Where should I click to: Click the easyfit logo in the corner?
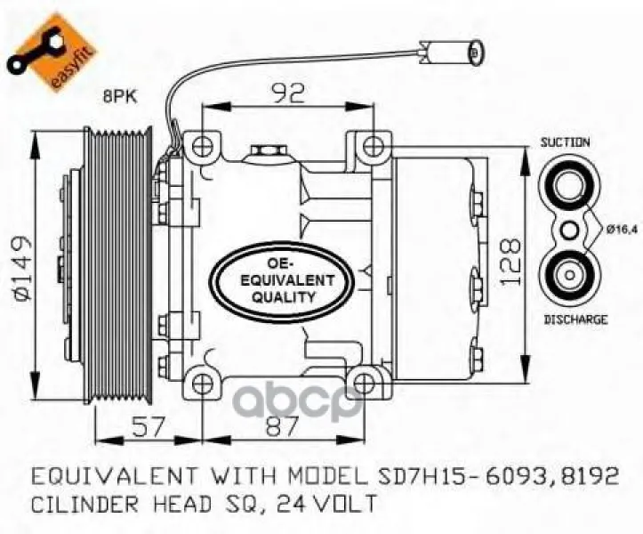[52, 52]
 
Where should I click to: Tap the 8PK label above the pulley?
[121, 97]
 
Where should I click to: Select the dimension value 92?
[288, 93]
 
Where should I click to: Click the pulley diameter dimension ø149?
[21, 267]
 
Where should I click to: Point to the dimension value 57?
[148, 426]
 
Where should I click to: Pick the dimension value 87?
[281, 426]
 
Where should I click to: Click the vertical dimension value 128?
[511, 263]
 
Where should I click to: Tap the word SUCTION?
[565, 142]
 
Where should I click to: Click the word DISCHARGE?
[575, 319]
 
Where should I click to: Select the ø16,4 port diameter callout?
[622, 231]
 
